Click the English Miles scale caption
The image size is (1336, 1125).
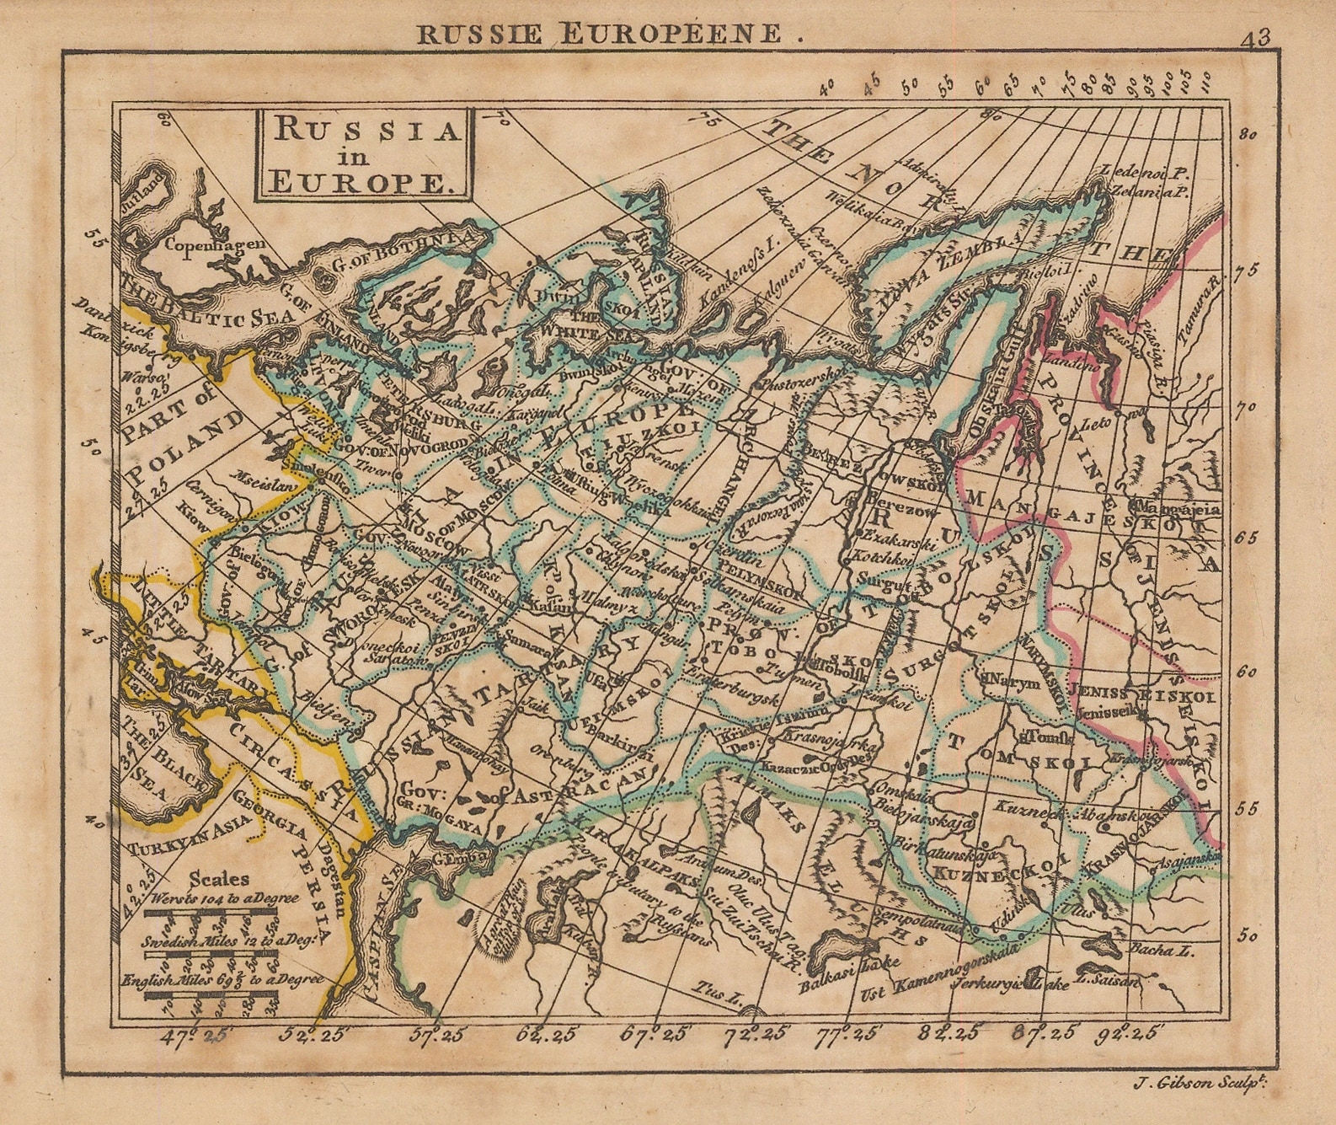pos(222,980)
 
